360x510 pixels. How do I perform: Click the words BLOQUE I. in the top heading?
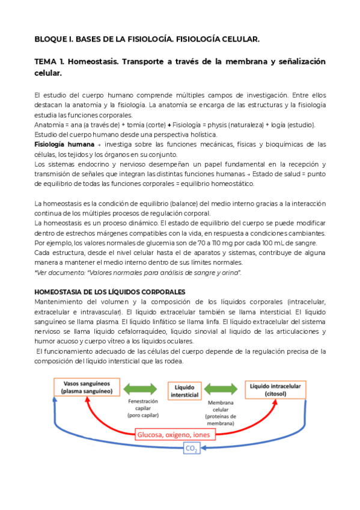(53, 39)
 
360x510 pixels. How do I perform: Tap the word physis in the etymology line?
(217, 124)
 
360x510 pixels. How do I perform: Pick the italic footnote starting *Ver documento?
(138, 272)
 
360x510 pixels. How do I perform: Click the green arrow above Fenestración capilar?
(142, 387)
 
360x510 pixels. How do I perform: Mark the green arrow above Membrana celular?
(222, 387)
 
